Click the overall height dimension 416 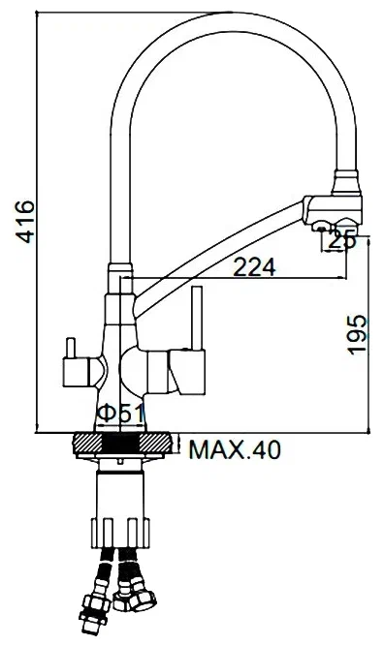coord(22,223)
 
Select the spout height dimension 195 coord(358,335)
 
